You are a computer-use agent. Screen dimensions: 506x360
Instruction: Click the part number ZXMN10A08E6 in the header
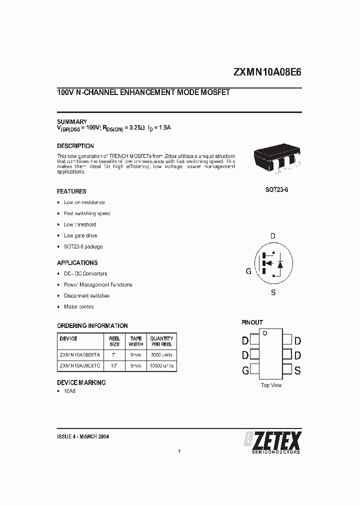tap(267, 72)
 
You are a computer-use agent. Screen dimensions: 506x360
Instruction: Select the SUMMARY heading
tap(72, 121)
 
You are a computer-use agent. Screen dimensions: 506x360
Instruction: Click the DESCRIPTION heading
tap(75, 146)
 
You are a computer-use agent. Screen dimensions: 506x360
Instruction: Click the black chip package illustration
tap(276, 159)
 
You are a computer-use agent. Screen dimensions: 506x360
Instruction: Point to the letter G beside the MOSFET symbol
tap(248, 271)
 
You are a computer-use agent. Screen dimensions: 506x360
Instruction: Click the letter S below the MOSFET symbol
tap(273, 292)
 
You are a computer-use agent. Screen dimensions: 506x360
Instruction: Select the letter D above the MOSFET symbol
tap(273, 235)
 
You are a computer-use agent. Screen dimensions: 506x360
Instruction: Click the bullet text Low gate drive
tap(80, 235)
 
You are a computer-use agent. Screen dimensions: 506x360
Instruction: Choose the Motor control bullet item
tap(79, 306)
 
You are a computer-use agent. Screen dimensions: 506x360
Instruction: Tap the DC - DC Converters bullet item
tap(85, 273)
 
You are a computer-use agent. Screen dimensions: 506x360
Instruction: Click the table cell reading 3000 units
tap(161, 354)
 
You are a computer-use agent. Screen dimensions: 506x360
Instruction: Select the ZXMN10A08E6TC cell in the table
tap(80, 366)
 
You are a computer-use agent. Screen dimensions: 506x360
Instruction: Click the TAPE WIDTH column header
tap(136, 341)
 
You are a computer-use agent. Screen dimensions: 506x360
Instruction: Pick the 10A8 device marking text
tap(69, 391)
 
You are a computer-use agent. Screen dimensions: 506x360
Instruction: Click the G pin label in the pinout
tap(245, 370)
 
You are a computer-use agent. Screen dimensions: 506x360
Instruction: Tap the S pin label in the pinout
tap(297, 370)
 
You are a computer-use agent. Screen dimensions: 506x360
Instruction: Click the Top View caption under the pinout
tap(271, 385)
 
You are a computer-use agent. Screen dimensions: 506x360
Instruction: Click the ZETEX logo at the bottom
tap(272, 441)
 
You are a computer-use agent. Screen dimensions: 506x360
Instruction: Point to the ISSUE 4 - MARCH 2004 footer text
tap(83, 436)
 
